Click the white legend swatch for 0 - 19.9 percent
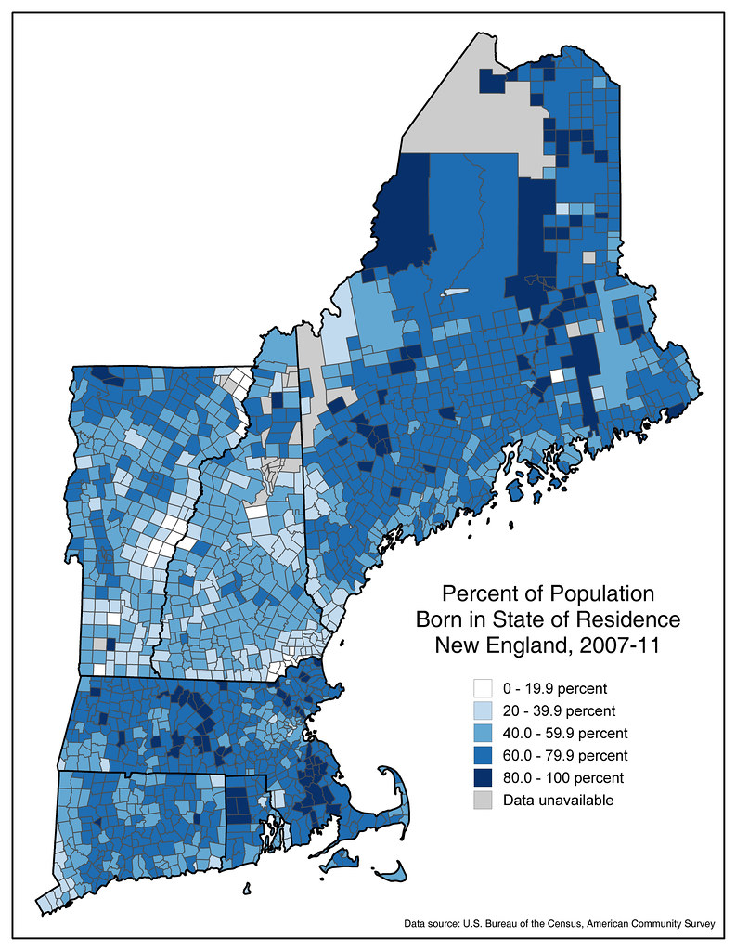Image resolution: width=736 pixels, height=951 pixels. click(483, 688)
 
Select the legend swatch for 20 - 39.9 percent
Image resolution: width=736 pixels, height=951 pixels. click(483, 710)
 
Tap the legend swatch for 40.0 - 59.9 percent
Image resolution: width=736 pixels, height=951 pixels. click(483, 732)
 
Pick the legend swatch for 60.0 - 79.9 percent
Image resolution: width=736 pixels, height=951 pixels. click(483, 754)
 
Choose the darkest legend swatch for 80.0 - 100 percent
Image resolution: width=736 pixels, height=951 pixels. click(483, 776)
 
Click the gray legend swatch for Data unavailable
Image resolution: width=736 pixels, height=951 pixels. click(483, 799)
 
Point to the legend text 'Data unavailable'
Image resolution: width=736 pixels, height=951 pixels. click(558, 799)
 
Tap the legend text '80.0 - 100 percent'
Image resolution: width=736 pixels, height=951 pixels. click(563, 776)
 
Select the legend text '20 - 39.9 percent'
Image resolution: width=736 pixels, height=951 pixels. click(559, 710)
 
